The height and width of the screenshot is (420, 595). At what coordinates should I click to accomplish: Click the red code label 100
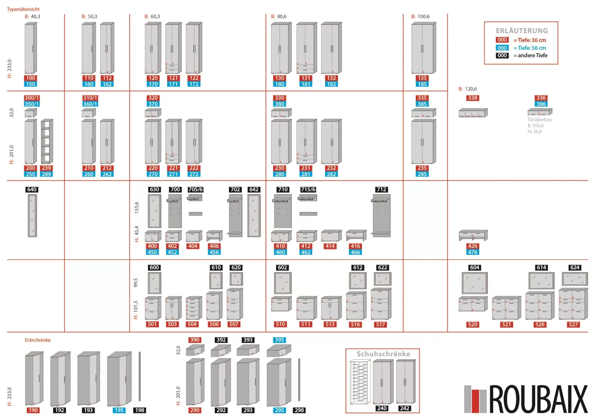(x=30, y=78)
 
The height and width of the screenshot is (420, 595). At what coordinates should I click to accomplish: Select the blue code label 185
(x=422, y=84)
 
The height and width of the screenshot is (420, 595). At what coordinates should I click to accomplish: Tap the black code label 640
(x=32, y=189)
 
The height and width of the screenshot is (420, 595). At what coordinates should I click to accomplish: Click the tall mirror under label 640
(x=32, y=215)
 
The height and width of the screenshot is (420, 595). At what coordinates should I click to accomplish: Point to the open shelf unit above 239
(x=46, y=141)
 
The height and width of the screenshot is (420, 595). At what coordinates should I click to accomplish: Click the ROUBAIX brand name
(x=538, y=399)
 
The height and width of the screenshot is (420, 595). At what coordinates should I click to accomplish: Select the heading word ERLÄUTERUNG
(x=522, y=31)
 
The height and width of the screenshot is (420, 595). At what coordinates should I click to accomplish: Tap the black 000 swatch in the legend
(x=502, y=55)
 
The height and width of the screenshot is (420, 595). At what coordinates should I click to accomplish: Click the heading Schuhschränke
(x=383, y=354)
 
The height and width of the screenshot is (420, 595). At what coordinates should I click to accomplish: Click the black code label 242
(x=404, y=408)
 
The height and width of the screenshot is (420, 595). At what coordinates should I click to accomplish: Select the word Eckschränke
(x=37, y=340)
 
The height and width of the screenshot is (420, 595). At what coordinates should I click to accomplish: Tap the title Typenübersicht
(x=23, y=9)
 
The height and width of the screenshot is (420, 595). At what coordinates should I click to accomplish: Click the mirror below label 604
(x=474, y=283)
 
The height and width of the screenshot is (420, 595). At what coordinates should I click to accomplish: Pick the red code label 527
(x=573, y=324)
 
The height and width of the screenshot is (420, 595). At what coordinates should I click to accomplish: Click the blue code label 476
(x=473, y=252)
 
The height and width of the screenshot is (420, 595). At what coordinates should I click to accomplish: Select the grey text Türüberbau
(x=540, y=119)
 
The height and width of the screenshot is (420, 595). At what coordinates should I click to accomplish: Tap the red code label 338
(x=473, y=98)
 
